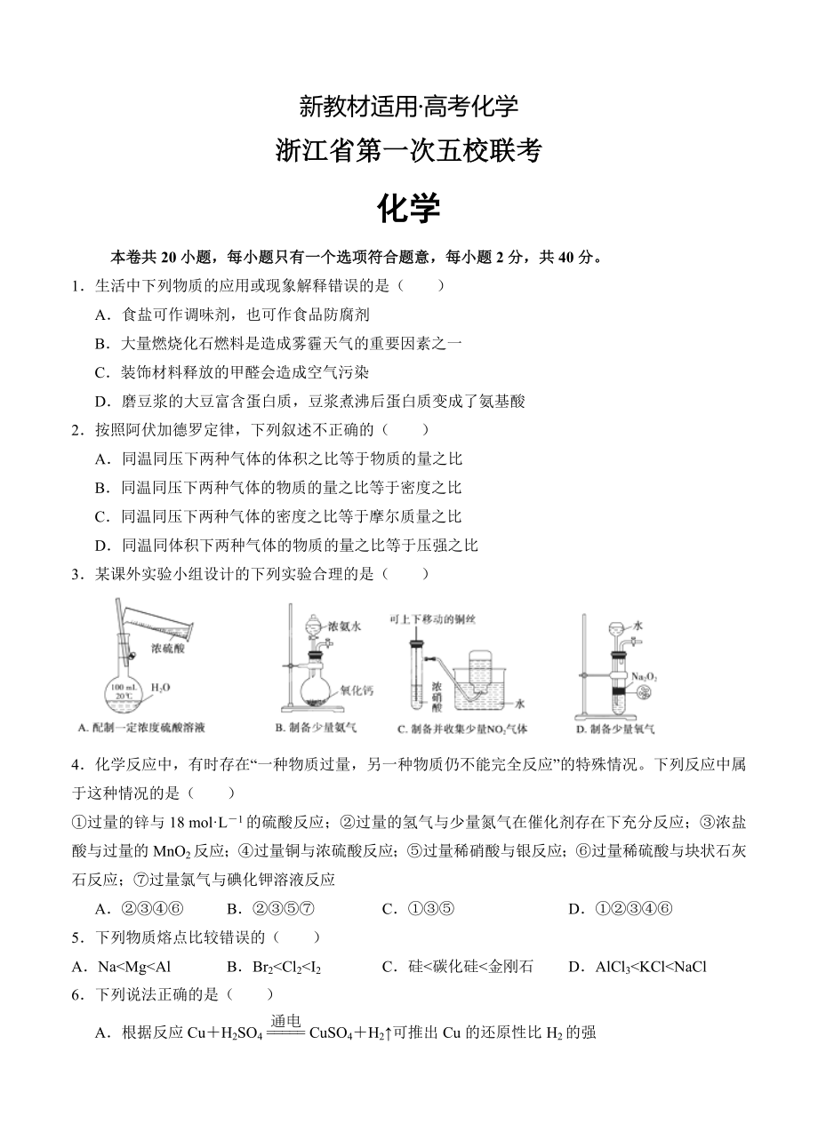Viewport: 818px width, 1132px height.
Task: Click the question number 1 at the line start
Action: (77, 285)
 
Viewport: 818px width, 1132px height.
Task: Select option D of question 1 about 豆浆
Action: (310, 401)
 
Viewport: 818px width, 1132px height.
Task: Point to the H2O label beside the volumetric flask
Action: (160, 687)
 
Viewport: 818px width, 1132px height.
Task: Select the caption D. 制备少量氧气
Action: (615, 729)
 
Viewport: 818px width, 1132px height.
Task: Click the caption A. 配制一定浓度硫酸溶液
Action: (141, 729)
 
